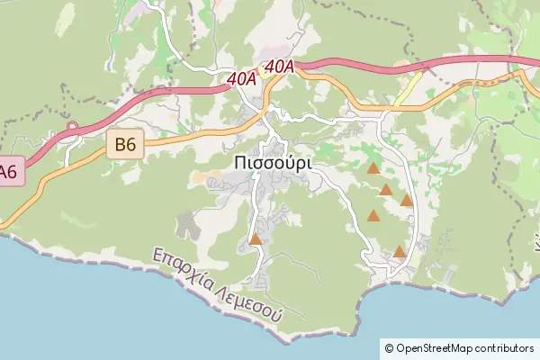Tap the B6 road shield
[x=125, y=143]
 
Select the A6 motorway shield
[x=8, y=171]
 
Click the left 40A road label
[x=241, y=79]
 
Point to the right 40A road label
[x=280, y=66]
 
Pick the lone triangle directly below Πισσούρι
[x=256, y=239]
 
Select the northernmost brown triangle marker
[x=373, y=168]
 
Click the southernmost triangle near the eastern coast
[x=399, y=252]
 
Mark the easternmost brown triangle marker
[x=407, y=201]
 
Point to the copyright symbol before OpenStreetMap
[x=389, y=347]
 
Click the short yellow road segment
[x=409, y=87]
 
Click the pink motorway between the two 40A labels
[x=261, y=72]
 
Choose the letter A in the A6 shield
[x=4, y=171]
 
